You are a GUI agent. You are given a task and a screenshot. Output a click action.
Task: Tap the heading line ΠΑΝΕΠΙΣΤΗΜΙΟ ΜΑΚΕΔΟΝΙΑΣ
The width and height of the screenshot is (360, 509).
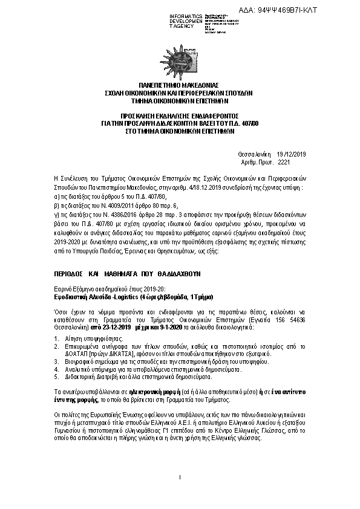pos(179,86)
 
